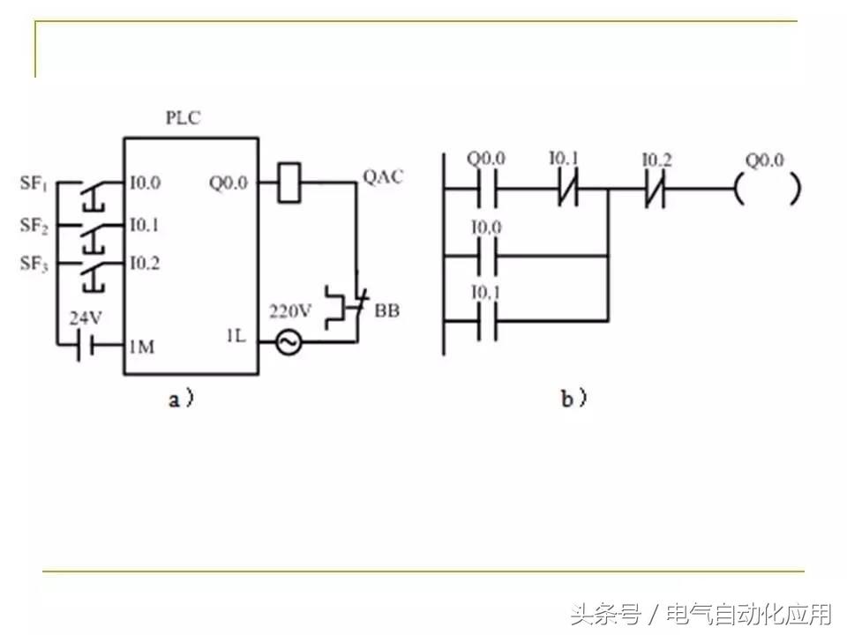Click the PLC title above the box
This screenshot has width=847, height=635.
coord(183,118)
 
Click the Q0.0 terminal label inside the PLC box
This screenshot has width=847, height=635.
coord(229,183)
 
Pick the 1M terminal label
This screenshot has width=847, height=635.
coord(141,347)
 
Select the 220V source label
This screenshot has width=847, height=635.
coord(290,311)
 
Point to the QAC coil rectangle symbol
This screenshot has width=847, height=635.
coord(290,183)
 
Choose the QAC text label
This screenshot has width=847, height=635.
coord(383,177)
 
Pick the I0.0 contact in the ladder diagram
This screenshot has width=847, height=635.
coord(485,257)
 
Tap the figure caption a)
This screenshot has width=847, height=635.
coord(180,399)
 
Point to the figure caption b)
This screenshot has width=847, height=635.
coord(573,399)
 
